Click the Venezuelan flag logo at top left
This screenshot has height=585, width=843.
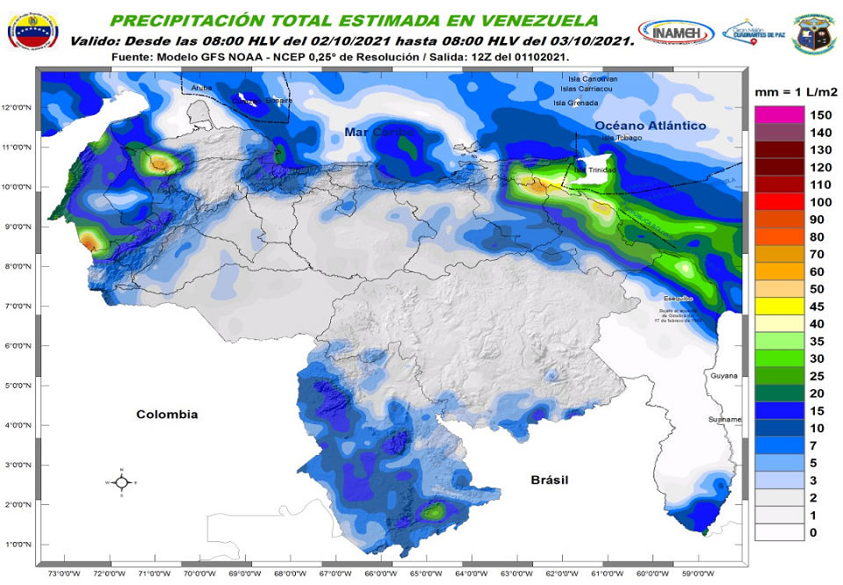32,31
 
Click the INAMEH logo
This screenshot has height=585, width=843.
675,32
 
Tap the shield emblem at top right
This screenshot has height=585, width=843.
813,33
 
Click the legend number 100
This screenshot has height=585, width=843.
820,202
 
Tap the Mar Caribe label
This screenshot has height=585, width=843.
378,132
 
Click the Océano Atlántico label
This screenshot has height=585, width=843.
650,126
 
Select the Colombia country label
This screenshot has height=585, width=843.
167,415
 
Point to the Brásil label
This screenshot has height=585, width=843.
549,480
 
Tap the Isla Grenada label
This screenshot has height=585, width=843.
575,103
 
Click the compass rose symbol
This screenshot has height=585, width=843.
121,482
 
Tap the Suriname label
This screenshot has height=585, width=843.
725,420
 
